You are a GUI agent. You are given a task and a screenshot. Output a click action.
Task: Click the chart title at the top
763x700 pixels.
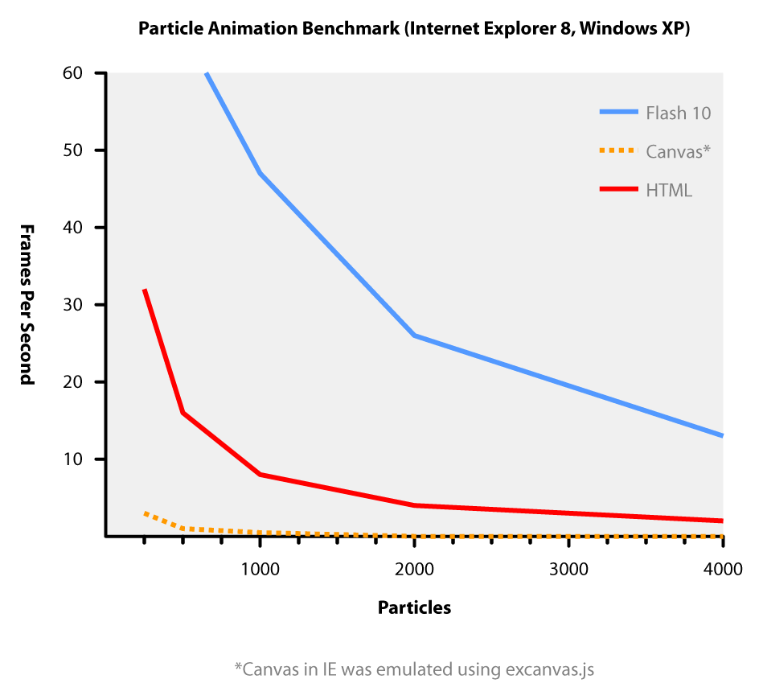pos(414,28)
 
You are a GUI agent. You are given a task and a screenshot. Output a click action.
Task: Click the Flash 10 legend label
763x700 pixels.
pos(678,113)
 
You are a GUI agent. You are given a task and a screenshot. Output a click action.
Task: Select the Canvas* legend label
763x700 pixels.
pos(678,151)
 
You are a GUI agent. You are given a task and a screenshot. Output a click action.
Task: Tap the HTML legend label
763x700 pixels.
pos(668,191)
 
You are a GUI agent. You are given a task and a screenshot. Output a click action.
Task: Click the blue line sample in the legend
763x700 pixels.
pos(618,113)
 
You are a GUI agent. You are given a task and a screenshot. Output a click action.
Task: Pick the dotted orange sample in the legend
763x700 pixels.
pos(618,151)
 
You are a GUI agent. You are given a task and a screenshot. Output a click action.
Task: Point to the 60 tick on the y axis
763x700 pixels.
pos(100,73)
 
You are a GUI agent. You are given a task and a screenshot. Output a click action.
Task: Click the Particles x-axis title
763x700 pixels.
pos(414,607)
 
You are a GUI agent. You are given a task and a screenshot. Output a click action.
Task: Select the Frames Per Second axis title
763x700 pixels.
pos(27,304)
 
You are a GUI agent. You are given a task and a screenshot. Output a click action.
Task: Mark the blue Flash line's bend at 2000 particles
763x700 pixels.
pos(414,335)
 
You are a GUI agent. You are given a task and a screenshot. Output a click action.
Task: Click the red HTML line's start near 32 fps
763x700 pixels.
pos(145,290)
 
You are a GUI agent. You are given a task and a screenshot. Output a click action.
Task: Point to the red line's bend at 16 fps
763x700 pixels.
pos(183,413)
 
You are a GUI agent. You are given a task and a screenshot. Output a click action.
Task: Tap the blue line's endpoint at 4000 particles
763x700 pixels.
pos(722,435)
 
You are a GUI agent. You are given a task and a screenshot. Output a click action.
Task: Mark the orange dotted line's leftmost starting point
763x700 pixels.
pos(145,513)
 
